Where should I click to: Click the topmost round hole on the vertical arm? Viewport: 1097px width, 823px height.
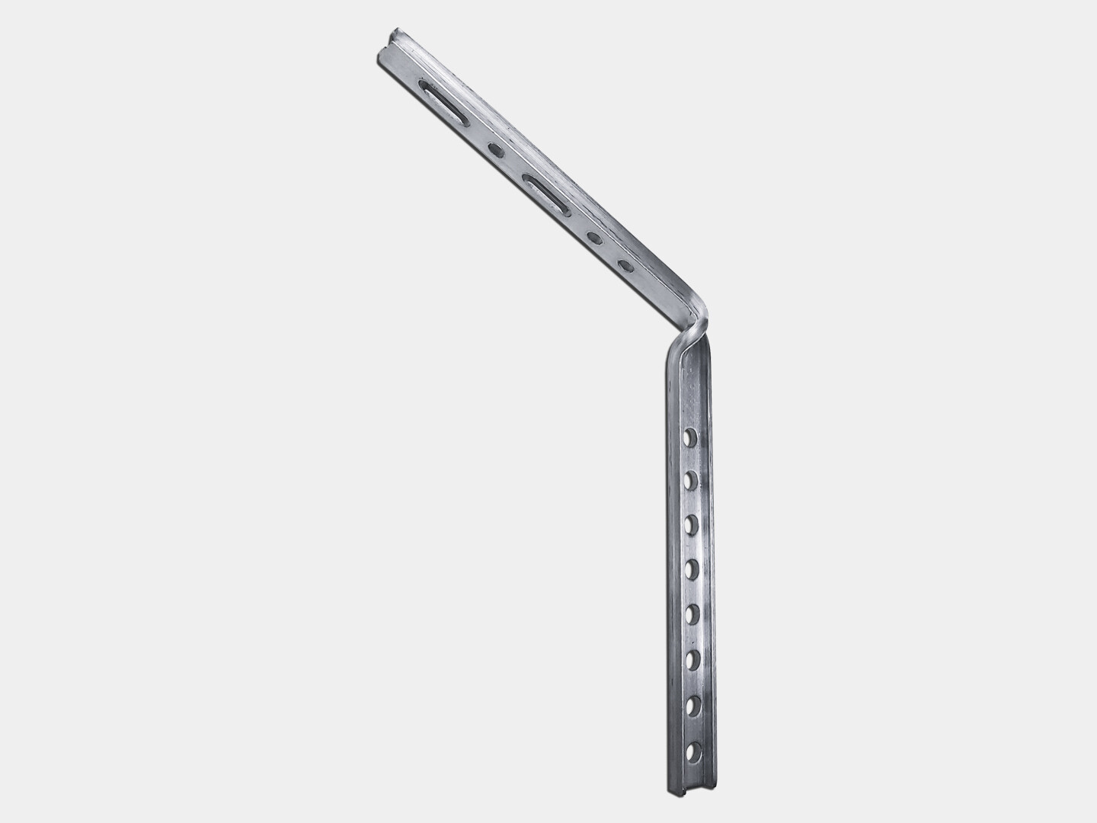tap(690, 437)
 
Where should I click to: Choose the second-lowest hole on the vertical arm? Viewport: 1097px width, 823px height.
tap(693, 706)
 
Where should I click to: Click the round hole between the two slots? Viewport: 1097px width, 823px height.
tap(495, 150)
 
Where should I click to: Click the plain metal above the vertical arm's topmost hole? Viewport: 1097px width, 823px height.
tap(690, 389)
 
